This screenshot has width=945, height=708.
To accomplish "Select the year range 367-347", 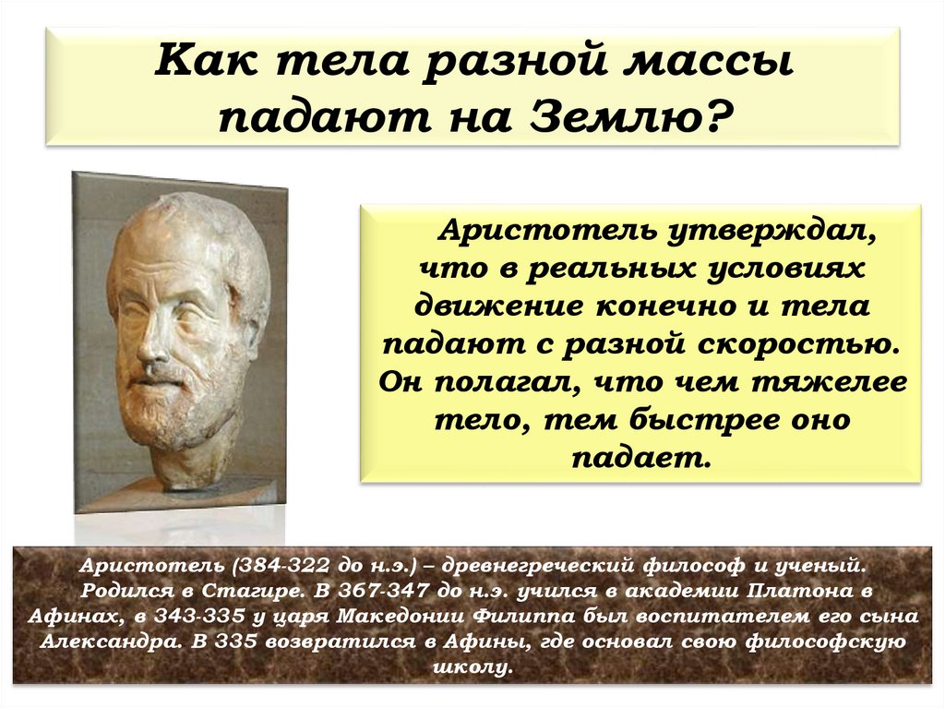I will pyautogui.click(x=384, y=590).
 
